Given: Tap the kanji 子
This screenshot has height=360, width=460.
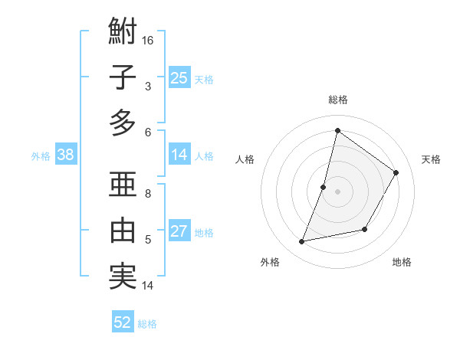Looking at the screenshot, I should click(123, 77).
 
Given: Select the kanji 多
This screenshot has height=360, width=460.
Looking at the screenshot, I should click(123, 123).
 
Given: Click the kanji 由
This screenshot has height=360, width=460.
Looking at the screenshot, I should click(123, 230).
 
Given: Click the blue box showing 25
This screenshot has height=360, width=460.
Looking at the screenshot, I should click(179, 77).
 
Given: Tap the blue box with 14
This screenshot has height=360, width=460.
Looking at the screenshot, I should click(179, 155).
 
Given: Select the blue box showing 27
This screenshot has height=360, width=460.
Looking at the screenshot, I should click(179, 231).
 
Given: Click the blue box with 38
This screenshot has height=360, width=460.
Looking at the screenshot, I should click(65, 155).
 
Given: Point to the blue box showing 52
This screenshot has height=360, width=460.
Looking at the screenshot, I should click(123, 322).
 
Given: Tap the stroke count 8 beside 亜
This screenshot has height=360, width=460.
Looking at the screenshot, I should click(148, 193).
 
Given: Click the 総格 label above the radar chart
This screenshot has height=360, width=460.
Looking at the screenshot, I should click(337, 100).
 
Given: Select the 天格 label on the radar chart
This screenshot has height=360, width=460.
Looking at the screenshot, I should click(432, 159).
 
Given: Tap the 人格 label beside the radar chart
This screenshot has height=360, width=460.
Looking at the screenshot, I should click(245, 159).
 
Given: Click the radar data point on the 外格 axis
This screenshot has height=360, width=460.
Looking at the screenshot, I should click(302, 242).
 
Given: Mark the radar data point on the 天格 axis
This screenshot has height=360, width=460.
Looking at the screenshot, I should click(396, 173).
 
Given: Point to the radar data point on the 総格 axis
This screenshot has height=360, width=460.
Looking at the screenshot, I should click(337, 131).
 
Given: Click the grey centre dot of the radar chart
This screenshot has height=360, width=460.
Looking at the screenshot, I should click(337, 191).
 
